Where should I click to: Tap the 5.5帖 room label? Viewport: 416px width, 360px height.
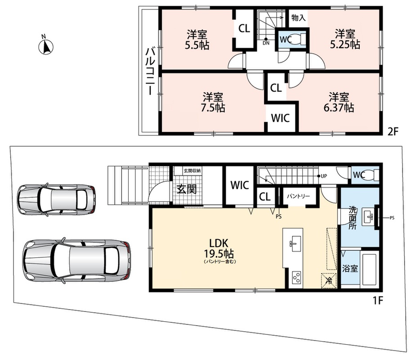coord(197,40)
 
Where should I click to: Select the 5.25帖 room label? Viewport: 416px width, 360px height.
coord(345,39)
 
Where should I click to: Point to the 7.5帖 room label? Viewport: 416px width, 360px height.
coord(213,102)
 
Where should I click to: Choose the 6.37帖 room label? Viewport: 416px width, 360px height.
coord(339,102)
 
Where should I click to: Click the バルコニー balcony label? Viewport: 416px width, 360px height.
coord(150,71)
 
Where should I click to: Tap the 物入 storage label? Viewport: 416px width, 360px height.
coord(299,18)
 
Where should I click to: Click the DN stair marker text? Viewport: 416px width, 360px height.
coord(266,43)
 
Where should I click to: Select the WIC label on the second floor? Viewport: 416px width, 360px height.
coord(280,118)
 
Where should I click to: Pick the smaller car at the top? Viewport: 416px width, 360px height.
coord(57,199)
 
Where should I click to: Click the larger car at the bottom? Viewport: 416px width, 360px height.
coord(76,261)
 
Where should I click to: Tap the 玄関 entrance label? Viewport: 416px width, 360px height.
coord(187,189)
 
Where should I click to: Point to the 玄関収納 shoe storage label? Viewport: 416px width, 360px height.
coord(192,171)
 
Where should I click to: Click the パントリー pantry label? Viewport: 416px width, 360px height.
coord(298,196)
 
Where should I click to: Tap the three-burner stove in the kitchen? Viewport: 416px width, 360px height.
coord(296,278)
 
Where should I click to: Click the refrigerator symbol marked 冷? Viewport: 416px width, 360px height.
coord(329,281)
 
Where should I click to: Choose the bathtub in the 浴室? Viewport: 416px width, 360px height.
coord(369,270)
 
